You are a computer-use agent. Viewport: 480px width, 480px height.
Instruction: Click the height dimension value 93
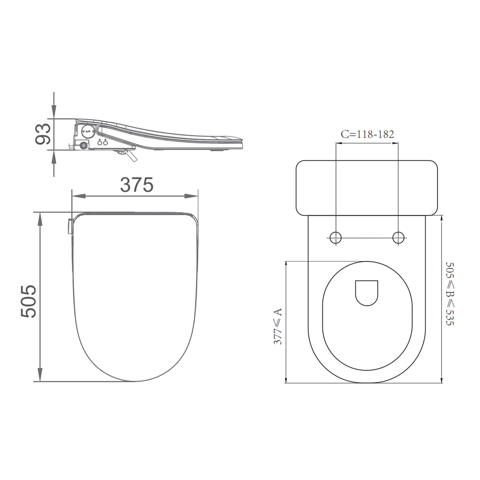pyautogui.click(x=43, y=134)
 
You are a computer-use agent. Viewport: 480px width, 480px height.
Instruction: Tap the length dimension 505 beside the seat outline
pyautogui.click(x=28, y=301)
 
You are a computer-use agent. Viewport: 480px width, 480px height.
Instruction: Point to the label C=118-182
pyautogui.click(x=367, y=134)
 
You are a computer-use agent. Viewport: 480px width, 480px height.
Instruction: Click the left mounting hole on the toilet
pyautogui.click(x=336, y=237)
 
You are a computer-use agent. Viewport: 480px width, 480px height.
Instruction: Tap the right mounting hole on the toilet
pyautogui.click(x=398, y=237)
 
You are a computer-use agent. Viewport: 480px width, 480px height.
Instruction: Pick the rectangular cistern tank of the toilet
pyautogui.click(x=367, y=187)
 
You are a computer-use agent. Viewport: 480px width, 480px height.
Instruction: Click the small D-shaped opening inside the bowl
pyautogui.click(x=367, y=292)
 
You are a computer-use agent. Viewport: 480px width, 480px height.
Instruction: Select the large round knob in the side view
pyautogui.click(x=88, y=131)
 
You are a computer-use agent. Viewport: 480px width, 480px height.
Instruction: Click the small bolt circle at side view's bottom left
pyautogui.click(x=82, y=145)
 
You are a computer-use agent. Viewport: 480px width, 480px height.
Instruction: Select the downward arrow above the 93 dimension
pyautogui.click(x=54, y=112)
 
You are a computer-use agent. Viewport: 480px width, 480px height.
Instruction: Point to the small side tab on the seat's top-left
pyautogui.click(x=70, y=226)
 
